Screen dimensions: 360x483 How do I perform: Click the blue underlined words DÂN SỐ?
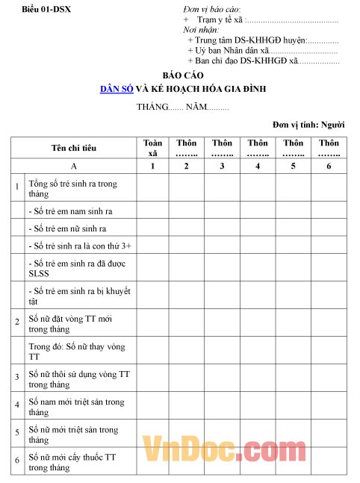[x=117, y=89]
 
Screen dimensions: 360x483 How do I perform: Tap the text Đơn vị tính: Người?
[x=308, y=124]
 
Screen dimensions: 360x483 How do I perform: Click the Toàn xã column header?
[x=152, y=147]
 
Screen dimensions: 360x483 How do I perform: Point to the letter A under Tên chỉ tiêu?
[x=73, y=166]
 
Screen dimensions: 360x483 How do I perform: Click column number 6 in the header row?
[x=329, y=166]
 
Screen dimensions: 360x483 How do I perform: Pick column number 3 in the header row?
[x=222, y=166]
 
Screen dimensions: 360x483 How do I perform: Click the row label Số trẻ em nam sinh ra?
[x=70, y=211]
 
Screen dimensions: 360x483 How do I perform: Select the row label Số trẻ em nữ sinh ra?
[x=67, y=228]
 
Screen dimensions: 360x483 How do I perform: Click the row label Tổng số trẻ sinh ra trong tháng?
[x=72, y=188]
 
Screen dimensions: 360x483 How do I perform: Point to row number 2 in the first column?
[x=17, y=321]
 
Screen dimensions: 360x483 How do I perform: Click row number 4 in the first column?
[x=17, y=405]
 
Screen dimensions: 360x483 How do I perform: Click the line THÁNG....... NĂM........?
[x=182, y=107]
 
